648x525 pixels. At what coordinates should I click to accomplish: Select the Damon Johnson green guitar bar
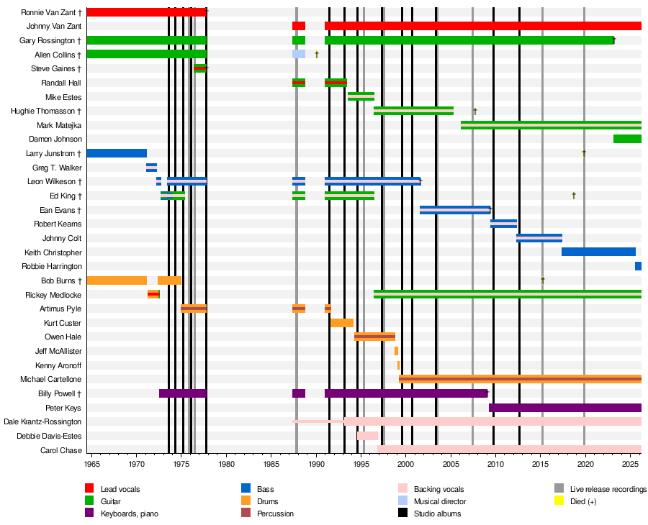(x=627, y=139)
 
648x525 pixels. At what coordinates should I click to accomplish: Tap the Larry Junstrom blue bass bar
(x=117, y=153)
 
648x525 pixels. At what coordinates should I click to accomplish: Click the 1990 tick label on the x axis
(x=317, y=465)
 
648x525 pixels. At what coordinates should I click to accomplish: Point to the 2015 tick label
(x=542, y=465)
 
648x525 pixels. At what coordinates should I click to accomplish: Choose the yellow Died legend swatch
(x=559, y=501)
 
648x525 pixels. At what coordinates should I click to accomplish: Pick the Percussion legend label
(x=276, y=513)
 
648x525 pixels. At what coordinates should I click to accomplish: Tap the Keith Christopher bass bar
(x=598, y=252)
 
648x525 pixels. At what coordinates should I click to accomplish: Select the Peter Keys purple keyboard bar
(x=564, y=408)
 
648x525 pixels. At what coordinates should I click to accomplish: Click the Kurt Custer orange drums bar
(x=342, y=323)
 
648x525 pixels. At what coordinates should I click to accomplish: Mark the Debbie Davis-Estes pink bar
(x=367, y=436)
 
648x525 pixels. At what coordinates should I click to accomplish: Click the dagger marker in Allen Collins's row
(x=317, y=54)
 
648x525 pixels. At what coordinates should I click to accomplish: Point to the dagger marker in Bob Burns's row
(x=543, y=280)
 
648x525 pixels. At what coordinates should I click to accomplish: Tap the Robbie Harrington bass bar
(x=638, y=266)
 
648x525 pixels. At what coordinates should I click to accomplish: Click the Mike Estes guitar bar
(x=361, y=96)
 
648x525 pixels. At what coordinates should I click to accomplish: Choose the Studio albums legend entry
(x=440, y=513)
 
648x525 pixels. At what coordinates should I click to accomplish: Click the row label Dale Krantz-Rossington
(x=42, y=421)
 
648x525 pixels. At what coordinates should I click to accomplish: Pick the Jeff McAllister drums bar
(x=396, y=351)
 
